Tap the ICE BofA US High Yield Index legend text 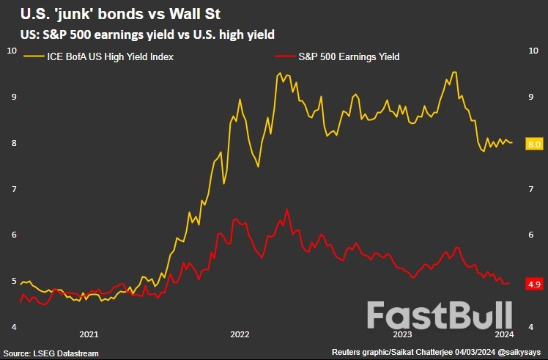click(x=110, y=56)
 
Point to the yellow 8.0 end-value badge click(x=534, y=144)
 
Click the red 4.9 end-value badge click(x=534, y=283)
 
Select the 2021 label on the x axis click(x=89, y=334)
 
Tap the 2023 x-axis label click(x=403, y=334)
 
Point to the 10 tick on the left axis click(x=12, y=50)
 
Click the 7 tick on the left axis click(x=11, y=189)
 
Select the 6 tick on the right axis click(x=530, y=235)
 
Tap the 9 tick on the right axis click(x=530, y=97)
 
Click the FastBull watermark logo click(x=439, y=315)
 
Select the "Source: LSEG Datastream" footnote click(x=51, y=353)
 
